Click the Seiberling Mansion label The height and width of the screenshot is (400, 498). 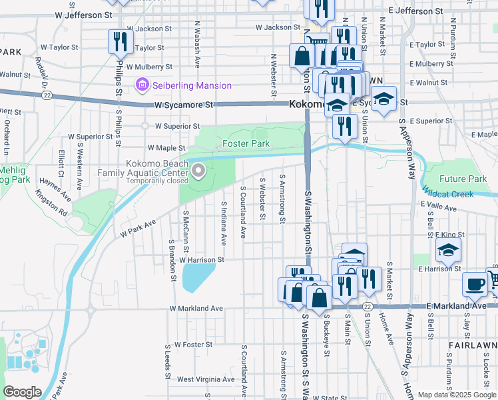192,85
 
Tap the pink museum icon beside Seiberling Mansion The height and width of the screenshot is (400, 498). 141,85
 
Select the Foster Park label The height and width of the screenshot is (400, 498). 246,143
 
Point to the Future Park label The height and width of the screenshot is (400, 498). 463,179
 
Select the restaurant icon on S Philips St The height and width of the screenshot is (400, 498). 119,43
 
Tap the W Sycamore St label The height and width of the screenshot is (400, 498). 183,105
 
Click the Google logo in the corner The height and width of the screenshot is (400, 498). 23,391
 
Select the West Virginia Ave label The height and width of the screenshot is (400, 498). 206,379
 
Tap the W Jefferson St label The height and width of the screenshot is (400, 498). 84,14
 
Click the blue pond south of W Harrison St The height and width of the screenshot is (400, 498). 197,277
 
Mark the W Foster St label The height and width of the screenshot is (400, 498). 193,345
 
